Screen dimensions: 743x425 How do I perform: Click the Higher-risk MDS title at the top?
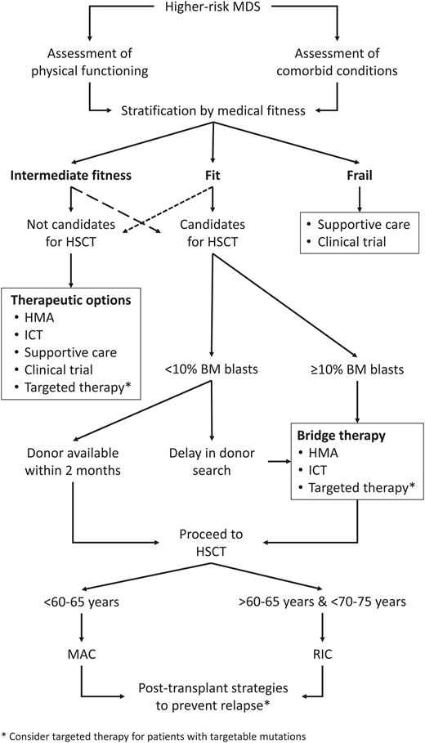pyautogui.click(x=212, y=10)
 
